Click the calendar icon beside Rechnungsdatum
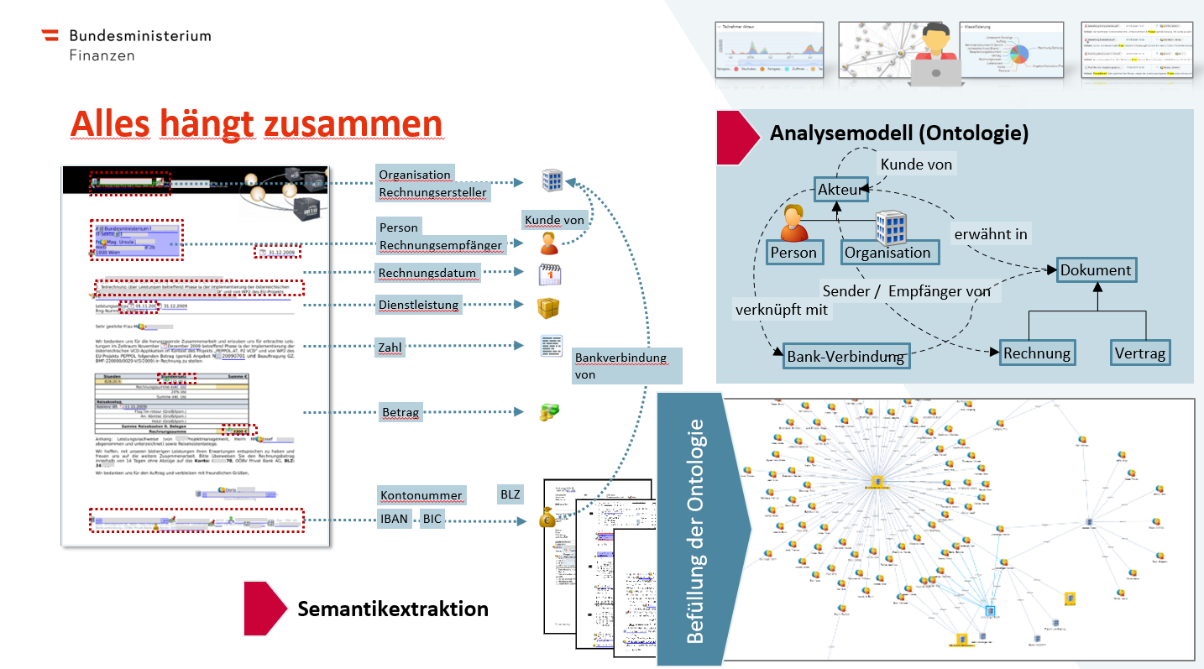click(x=549, y=274)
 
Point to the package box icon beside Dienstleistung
click(x=548, y=306)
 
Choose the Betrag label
click(x=400, y=412)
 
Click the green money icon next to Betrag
click(x=549, y=411)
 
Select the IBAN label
click(x=394, y=519)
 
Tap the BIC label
click(x=432, y=519)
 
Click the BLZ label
click(x=509, y=494)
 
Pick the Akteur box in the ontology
click(x=840, y=191)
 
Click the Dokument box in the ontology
click(x=1096, y=270)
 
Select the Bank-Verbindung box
click(x=845, y=357)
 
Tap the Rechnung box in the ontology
click(x=1037, y=353)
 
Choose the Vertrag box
click(x=1139, y=353)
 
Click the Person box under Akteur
click(x=793, y=252)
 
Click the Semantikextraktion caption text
click(x=393, y=608)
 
